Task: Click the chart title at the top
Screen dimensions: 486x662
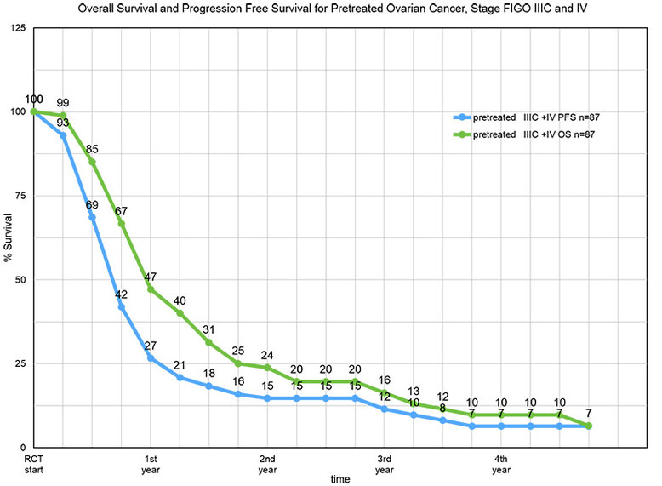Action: (331, 9)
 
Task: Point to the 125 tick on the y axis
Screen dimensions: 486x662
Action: (17, 28)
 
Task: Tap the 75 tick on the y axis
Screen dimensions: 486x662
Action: (20, 196)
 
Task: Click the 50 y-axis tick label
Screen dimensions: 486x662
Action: (20, 280)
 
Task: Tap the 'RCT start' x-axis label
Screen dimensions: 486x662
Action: (32, 464)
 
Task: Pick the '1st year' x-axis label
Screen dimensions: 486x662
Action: (151, 464)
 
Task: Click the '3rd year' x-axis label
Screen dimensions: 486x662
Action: (385, 464)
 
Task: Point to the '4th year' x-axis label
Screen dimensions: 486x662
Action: (501, 464)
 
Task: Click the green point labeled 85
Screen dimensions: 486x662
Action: (92, 162)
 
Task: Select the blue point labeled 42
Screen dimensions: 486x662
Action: (122, 306)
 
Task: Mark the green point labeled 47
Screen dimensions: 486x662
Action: (151, 289)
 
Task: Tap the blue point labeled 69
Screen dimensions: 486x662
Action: (92, 216)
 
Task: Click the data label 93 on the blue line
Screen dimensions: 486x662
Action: (62, 123)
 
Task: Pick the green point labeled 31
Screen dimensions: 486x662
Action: (209, 342)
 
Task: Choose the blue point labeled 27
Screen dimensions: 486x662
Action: (151, 357)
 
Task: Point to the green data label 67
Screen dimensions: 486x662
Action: (122, 210)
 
